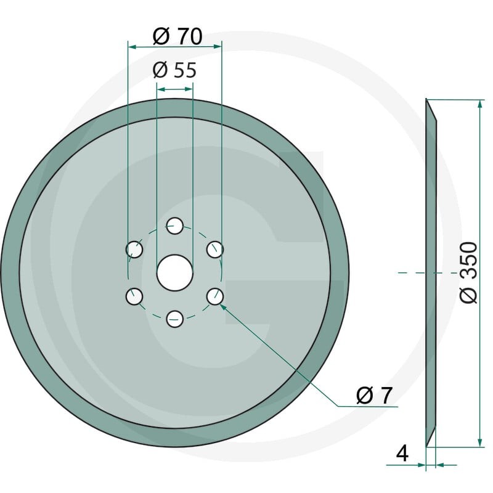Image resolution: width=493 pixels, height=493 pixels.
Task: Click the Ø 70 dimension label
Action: [x=177, y=36]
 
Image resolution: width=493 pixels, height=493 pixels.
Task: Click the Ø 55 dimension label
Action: [x=174, y=70]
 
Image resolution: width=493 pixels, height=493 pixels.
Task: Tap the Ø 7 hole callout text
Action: [x=375, y=395]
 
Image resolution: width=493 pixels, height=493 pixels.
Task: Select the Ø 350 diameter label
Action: [x=468, y=272]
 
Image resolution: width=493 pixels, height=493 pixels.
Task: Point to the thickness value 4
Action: [x=402, y=453]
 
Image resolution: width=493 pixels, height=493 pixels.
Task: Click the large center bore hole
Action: [x=174, y=273]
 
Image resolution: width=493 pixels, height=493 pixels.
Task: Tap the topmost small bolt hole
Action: [x=174, y=226]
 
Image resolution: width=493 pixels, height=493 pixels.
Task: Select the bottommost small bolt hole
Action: [x=174, y=319]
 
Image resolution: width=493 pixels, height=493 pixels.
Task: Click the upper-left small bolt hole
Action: [x=134, y=250]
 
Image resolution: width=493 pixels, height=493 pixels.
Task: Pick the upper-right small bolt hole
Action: [x=215, y=250]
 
